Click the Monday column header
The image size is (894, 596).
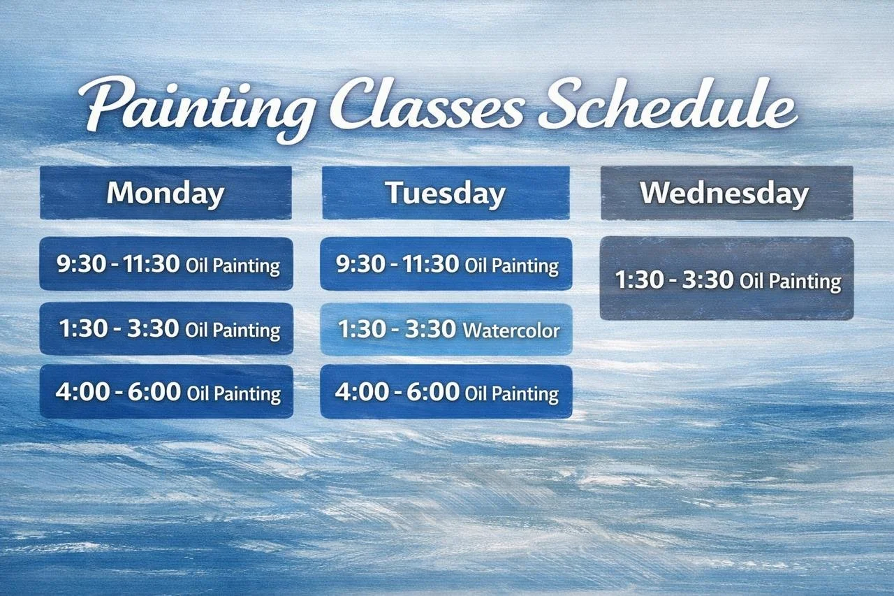(x=166, y=193)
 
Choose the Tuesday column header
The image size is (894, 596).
(x=446, y=193)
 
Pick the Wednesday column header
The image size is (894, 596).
(x=726, y=193)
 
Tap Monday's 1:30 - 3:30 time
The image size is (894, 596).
(x=119, y=328)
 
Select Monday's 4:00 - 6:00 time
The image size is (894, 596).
(x=118, y=392)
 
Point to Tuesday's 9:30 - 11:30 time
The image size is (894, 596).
(x=397, y=264)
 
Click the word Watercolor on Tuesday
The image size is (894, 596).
(x=511, y=329)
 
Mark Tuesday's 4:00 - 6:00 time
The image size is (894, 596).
(x=397, y=392)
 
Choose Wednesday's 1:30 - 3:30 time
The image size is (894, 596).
(x=674, y=280)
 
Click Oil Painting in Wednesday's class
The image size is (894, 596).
(x=790, y=282)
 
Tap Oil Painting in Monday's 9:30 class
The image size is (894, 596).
(x=233, y=266)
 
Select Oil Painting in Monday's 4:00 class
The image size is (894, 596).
(x=233, y=393)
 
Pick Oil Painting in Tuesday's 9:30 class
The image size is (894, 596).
(x=511, y=266)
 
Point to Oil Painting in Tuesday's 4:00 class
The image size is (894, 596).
(x=511, y=393)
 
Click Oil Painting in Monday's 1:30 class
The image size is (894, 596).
(x=233, y=330)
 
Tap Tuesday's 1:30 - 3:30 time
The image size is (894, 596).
(x=397, y=328)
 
